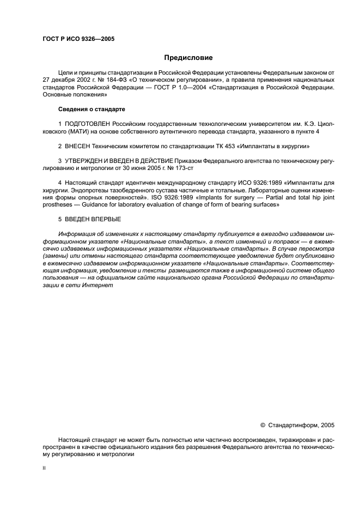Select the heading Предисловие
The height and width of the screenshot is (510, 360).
click(x=188, y=57)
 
